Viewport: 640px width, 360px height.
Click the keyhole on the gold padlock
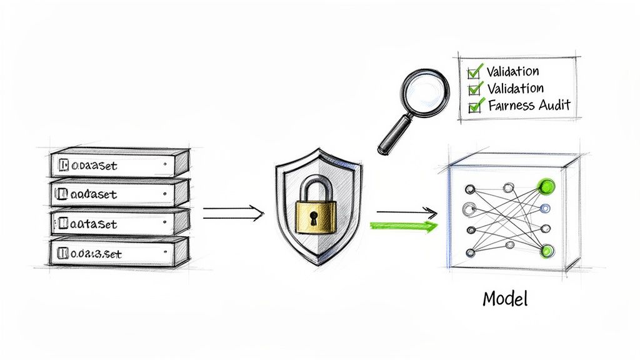311,218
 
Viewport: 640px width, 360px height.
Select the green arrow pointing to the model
404,226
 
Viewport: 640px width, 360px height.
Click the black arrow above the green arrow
406,213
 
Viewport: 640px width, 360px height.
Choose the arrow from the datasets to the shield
232,214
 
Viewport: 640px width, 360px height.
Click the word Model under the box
505,299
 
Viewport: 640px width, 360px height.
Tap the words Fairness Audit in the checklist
529,105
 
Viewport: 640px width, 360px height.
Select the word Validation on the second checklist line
515,88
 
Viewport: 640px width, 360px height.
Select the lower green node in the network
547,251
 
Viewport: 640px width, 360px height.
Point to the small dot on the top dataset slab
163,166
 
